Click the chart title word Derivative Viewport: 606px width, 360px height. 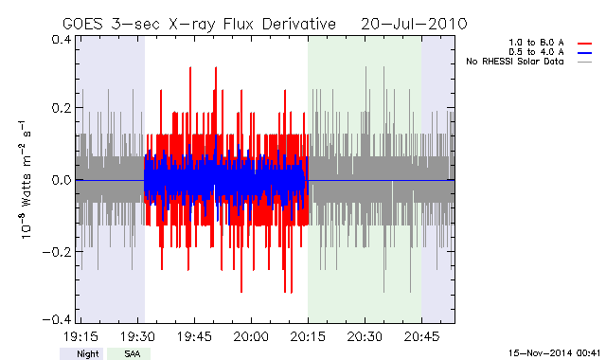pyautogui.click(x=299, y=24)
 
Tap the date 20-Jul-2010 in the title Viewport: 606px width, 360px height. pyautogui.click(x=414, y=24)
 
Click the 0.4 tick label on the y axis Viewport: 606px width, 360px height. pyautogui.click(x=61, y=40)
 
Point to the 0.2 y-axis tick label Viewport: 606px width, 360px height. pyautogui.click(x=61, y=108)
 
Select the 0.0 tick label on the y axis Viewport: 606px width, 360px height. pyautogui.click(x=61, y=180)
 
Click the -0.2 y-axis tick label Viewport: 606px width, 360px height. pyautogui.click(x=57, y=252)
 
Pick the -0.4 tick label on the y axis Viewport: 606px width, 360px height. pyautogui.click(x=57, y=320)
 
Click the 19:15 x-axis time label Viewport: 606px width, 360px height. pyautogui.click(x=80, y=336)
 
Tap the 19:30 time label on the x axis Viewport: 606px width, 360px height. pyautogui.click(x=137, y=336)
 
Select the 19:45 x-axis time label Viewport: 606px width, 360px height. pyautogui.click(x=194, y=336)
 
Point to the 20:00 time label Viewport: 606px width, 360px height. pyautogui.click(x=251, y=336)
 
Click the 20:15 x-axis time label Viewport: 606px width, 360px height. pyautogui.click(x=308, y=336)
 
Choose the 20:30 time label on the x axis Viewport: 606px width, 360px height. pyautogui.click(x=365, y=336)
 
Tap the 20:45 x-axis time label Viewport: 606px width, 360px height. pyautogui.click(x=421, y=336)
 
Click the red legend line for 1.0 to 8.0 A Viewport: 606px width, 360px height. pyautogui.click(x=585, y=44)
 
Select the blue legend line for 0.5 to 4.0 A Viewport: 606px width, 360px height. pyautogui.click(x=585, y=53)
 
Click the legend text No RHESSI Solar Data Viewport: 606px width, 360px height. pyautogui.click(x=515, y=62)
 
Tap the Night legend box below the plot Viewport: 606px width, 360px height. pyautogui.click(x=81, y=353)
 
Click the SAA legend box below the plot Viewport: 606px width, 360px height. pyautogui.click(x=129, y=353)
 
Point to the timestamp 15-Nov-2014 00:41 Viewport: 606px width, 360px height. pyautogui.click(x=554, y=352)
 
